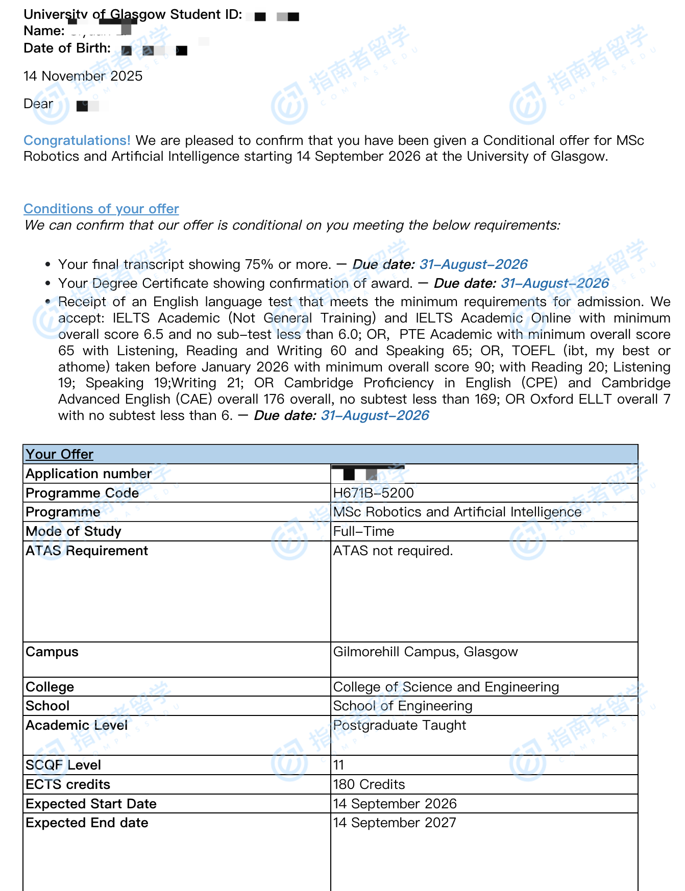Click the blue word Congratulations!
coord(77,140)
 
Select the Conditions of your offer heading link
coord(101,209)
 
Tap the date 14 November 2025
coord(83,76)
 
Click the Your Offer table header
coord(60,454)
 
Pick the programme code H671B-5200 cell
coord(373,493)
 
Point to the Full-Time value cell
coord(363,531)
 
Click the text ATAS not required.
coord(393,551)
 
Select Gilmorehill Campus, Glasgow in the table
coord(425,652)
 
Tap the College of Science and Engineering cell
coord(446,687)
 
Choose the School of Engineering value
coord(403,706)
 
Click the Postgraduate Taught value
coord(400,725)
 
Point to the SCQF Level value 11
coord(338,765)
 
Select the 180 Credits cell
coord(369,784)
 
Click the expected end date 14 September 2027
coord(395,823)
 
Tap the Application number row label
coord(88,474)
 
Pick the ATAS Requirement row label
coord(87,551)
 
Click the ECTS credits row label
coord(68,784)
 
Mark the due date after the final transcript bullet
coord(473,264)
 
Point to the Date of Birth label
coord(67,48)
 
